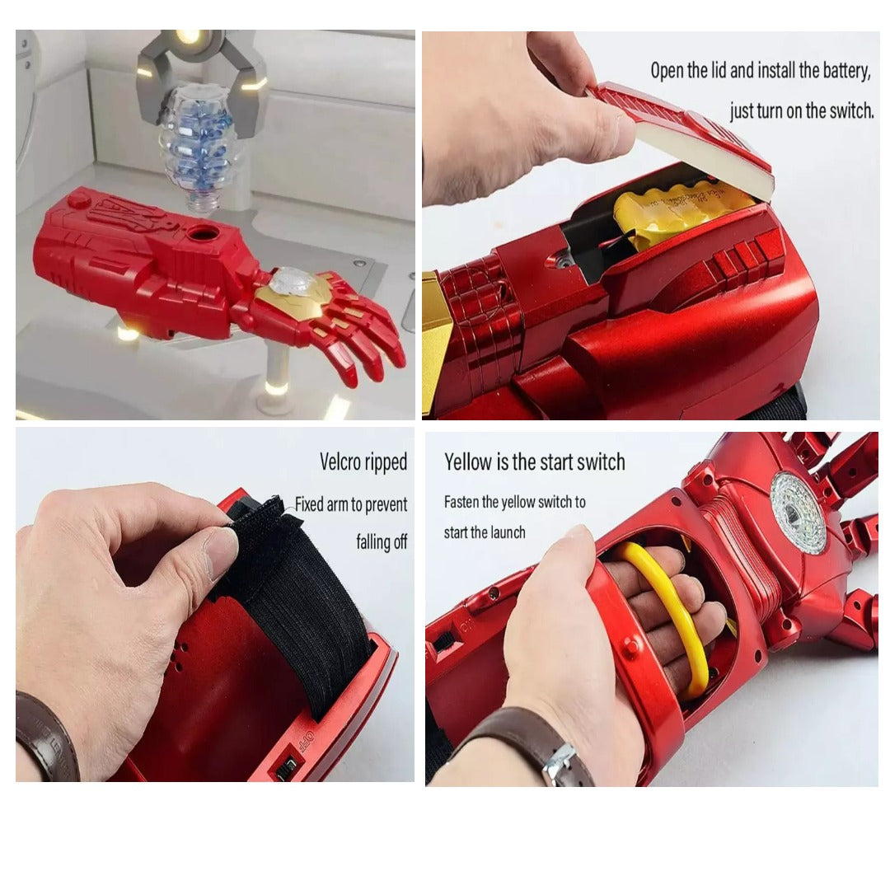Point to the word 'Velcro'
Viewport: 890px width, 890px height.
[x=340, y=461]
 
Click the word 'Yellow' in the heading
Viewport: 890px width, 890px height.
[x=468, y=462]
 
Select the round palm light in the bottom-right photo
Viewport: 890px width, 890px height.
[x=798, y=513]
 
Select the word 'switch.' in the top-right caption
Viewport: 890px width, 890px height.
[x=851, y=110]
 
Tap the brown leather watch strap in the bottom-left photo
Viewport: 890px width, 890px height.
[x=46, y=738]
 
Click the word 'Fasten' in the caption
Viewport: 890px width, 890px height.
[x=461, y=502]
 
